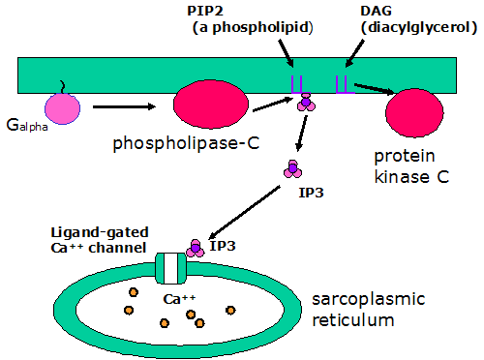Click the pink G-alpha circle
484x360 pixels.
coord(62,107)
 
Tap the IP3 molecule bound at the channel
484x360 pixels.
coord(195,248)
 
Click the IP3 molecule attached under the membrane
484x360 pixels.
coord(307,103)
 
